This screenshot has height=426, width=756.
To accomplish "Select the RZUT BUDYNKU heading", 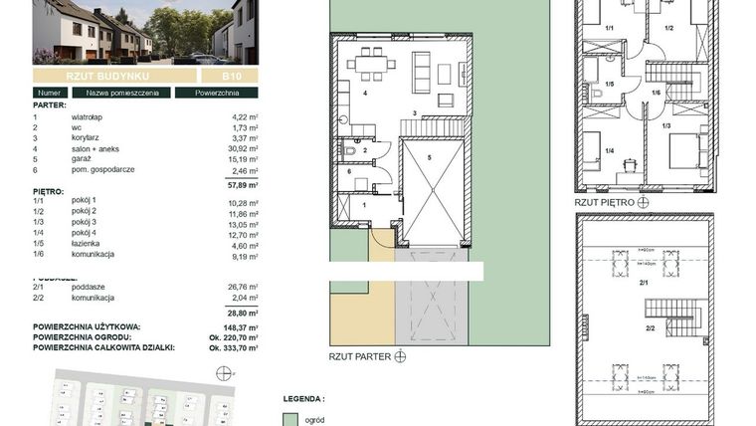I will click(109, 76).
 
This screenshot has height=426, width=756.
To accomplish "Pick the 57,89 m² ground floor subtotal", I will click(241, 184).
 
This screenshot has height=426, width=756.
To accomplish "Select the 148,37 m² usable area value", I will click(239, 325).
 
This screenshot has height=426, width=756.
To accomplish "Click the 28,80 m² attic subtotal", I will click(241, 312).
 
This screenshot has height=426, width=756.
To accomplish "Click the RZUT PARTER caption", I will click(358, 354).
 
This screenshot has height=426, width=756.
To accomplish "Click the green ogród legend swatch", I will click(290, 418).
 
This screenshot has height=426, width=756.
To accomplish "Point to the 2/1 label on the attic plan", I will click(646, 284).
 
